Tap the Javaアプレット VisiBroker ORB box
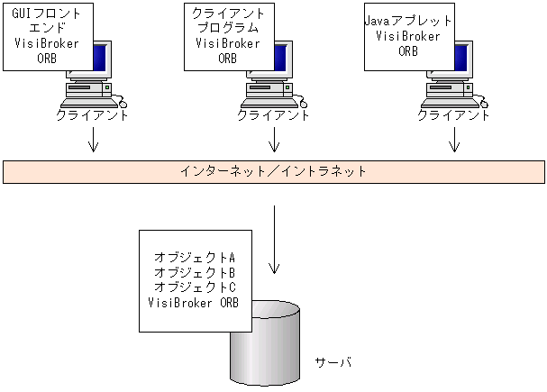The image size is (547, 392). pyautogui.click(x=407, y=35)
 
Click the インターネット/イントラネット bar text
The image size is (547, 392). pyautogui.click(x=272, y=170)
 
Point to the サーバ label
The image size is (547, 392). pyautogui.click(x=333, y=362)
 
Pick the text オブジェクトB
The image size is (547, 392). pyautogui.click(x=195, y=272)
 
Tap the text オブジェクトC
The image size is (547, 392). pyautogui.click(x=195, y=287)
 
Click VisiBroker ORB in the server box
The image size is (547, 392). pyautogui.click(x=195, y=302)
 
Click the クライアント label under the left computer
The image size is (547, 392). pyautogui.click(x=92, y=115)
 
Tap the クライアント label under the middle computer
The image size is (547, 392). pyautogui.click(x=273, y=115)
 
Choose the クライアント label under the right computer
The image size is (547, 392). pyautogui.click(x=454, y=115)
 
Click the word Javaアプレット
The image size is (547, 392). pyautogui.click(x=407, y=21)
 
